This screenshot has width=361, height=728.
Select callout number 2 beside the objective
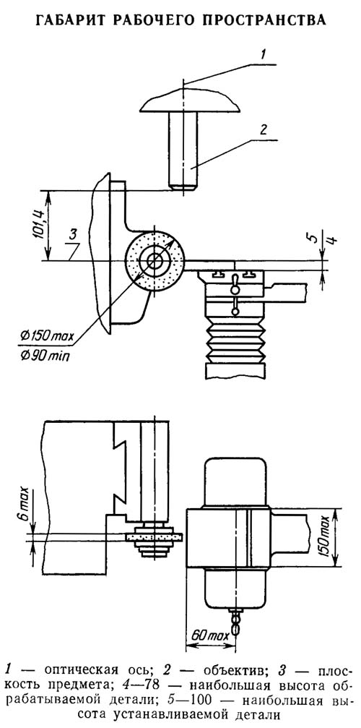[263, 129]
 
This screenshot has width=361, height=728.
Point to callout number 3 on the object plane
[72, 234]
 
